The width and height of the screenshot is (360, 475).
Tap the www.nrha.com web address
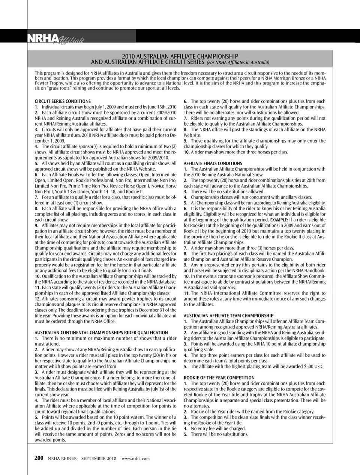point(136,458)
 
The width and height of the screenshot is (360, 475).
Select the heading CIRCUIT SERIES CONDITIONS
point(63,101)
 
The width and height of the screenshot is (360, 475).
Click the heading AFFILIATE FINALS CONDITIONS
point(213,164)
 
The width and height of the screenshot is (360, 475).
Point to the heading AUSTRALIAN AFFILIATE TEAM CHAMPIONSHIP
point(228,316)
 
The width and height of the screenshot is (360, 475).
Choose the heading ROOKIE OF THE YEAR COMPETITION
point(219,378)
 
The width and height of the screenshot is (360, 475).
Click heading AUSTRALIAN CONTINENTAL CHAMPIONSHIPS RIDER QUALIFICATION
point(101,333)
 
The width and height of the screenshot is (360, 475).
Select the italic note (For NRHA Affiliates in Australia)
point(238,62)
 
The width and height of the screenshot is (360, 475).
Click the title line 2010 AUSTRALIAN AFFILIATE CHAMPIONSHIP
point(183,56)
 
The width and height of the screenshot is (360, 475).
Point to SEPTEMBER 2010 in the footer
point(99,458)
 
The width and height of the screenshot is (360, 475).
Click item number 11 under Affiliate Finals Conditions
point(186,293)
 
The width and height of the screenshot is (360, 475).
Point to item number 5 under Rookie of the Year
point(186,434)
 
